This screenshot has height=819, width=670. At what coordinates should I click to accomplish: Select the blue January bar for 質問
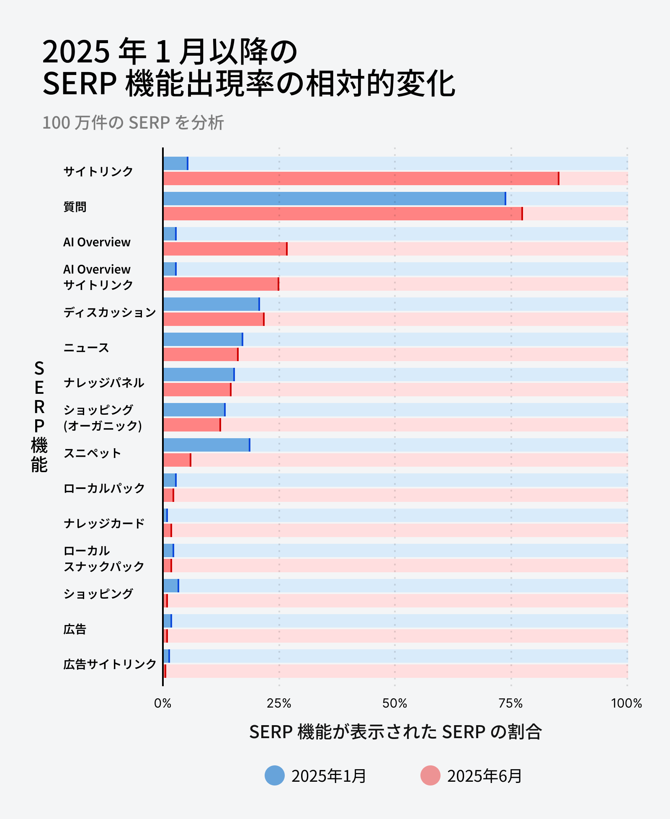pos(334,199)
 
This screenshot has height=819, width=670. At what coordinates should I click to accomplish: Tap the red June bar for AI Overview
pos(225,249)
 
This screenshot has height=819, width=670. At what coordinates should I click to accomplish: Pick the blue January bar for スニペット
pos(206,445)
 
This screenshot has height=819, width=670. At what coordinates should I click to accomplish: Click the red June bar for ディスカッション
pos(214,319)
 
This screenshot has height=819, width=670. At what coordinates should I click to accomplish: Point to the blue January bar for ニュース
pos(203,339)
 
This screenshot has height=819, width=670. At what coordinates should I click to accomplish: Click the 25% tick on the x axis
pos(279,703)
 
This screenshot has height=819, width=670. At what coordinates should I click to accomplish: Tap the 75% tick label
pos(511,703)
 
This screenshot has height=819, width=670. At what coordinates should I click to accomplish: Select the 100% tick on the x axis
pos(626,703)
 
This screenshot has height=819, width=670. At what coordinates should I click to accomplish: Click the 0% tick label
pos(163,703)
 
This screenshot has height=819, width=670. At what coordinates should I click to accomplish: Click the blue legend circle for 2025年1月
pos(275,775)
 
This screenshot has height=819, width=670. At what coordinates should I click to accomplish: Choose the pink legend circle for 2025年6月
pos(430,775)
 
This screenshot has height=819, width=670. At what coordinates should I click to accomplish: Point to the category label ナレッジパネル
pos(104,382)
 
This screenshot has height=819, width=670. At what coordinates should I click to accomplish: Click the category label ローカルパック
pos(104,488)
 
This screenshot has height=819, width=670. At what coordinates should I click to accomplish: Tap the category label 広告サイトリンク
pos(110,664)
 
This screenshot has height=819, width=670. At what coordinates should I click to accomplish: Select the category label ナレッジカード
pos(104,523)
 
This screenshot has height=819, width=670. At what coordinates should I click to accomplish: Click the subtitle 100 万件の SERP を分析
pos(133,123)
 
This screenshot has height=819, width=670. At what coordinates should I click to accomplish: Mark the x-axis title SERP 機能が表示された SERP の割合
pos(395,732)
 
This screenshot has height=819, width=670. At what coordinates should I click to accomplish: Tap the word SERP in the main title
pos(80,84)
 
